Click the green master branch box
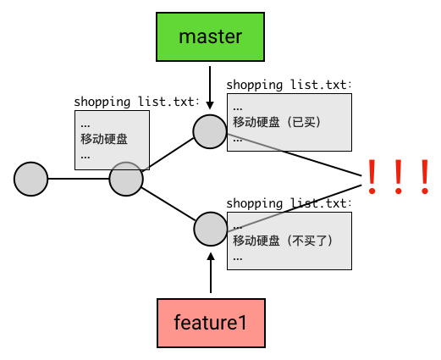[x=210, y=36]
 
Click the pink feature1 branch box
[x=211, y=323]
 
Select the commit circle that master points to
[x=210, y=131]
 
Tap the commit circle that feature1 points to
[x=211, y=229]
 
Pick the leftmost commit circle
[x=30, y=179]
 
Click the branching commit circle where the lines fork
[x=126, y=179]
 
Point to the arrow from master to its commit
[x=210, y=87]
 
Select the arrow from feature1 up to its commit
[x=211, y=273]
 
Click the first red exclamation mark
[x=372, y=177]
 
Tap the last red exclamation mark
[x=425, y=177]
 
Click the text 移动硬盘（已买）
[x=277, y=122]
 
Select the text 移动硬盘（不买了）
[x=283, y=241]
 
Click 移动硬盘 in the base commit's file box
[x=104, y=139]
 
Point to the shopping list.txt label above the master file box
[x=289, y=85]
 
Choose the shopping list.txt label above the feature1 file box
[x=289, y=203]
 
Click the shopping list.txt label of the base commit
[x=137, y=102]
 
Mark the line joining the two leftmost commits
[x=79, y=179]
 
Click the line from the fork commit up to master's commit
[x=168, y=154]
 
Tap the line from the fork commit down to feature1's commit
[x=168, y=204]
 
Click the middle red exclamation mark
[x=399, y=177]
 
